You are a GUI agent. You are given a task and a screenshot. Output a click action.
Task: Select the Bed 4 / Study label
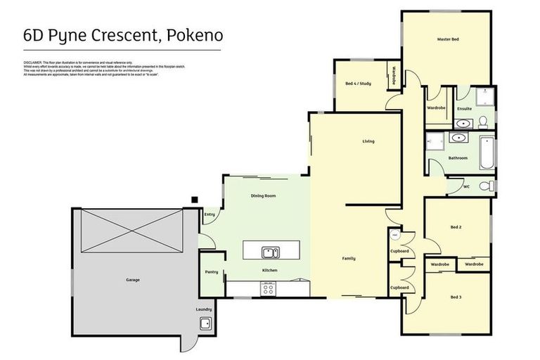tap(358, 84)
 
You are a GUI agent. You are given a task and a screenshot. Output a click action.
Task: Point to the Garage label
tap(133, 280)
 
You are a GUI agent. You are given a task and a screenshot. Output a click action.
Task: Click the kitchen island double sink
tap(269, 252)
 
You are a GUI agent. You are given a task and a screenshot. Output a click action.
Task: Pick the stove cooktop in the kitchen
tap(268, 287)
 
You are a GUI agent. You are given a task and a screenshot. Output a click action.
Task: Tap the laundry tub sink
tap(205, 323)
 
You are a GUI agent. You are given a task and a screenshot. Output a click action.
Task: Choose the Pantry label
tap(211, 272)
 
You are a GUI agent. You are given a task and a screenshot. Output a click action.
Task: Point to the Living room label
tap(368, 141)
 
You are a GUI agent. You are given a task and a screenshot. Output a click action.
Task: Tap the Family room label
tap(348, 258)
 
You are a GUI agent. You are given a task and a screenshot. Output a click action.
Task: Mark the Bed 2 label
tap(456, 227)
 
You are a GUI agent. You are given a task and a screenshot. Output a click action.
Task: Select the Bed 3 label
tap(456, 297)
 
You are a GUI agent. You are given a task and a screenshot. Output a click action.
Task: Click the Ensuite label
tap(465, 108)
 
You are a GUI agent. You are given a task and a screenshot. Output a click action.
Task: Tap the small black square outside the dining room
tap(195, 200)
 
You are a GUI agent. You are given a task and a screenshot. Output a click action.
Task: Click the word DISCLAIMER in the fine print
tap(34, 63)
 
